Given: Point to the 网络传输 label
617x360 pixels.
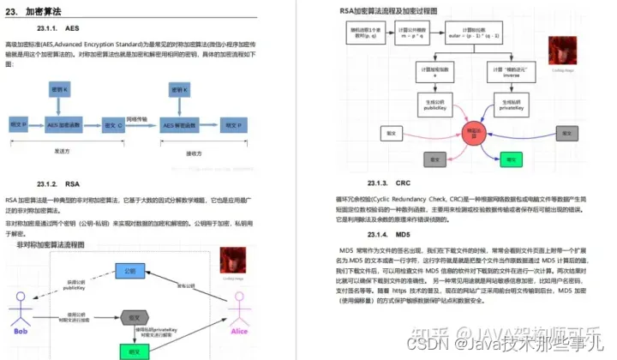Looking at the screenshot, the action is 137,119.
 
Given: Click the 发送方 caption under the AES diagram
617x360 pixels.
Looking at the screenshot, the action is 61,149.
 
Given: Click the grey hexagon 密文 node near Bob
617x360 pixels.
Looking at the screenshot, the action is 130,315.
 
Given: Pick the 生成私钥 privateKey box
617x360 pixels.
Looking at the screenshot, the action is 509,107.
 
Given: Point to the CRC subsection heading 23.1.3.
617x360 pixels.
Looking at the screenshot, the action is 377,183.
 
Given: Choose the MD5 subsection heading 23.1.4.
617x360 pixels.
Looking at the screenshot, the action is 377,234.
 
